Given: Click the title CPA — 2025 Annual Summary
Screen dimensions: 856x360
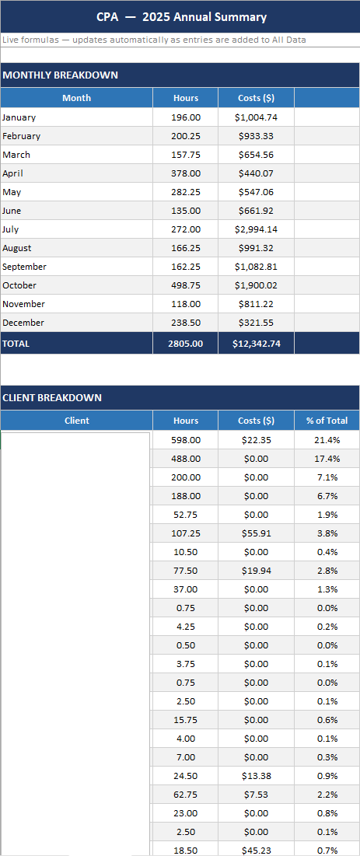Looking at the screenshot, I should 181,17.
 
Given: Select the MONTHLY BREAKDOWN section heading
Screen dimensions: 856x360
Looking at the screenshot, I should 61,75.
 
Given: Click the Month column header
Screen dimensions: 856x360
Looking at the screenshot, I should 76,98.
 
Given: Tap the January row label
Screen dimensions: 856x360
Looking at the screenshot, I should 19,117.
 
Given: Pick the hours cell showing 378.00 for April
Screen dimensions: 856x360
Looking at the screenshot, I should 186,173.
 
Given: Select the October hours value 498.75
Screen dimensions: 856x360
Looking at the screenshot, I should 186,285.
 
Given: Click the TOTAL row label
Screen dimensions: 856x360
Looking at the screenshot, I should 16,343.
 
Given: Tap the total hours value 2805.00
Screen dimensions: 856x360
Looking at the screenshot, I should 186,343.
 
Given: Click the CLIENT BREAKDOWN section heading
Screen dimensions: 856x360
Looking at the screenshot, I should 52,398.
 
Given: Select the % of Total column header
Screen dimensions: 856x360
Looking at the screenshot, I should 327,421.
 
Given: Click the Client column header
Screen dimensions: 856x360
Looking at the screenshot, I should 76,421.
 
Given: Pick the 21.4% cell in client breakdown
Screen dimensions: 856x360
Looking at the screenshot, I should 327,440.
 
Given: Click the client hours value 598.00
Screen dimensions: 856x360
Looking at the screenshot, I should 186,440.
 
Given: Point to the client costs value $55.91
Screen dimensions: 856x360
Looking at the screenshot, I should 256,533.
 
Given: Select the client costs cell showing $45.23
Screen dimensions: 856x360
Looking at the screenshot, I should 256,851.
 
